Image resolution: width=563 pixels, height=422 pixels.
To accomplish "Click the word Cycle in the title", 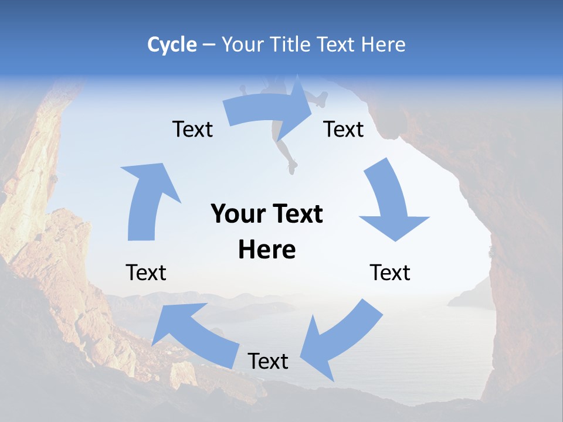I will tap(172, 45).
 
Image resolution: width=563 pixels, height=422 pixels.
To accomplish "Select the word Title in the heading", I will tap(291, 45).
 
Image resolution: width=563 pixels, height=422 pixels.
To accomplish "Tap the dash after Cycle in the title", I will tap(208, 45).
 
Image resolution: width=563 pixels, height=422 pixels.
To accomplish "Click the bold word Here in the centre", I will tap(267, 250).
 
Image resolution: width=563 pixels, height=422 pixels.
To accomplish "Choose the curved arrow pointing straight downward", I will tap(391, 202).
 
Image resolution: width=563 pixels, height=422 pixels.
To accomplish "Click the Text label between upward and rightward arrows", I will tap(192, 129).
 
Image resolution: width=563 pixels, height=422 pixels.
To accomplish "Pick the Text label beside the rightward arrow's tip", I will tap(344, 129).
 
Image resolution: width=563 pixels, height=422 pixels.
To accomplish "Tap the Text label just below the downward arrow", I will tap(390, 273).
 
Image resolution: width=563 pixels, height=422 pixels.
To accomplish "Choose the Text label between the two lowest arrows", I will tap(268, 361).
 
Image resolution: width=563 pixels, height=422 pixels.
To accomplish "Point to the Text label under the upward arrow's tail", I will tap(146, 273).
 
